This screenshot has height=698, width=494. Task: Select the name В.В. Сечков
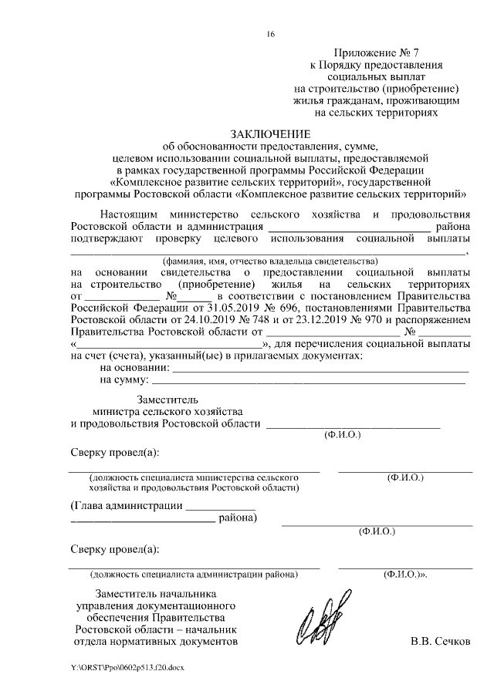point(440,641)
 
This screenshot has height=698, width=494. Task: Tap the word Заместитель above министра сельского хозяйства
point(167,400)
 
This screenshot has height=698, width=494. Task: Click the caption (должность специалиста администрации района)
point(193,575)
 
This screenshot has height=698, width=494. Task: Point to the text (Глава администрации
point(127,506)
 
